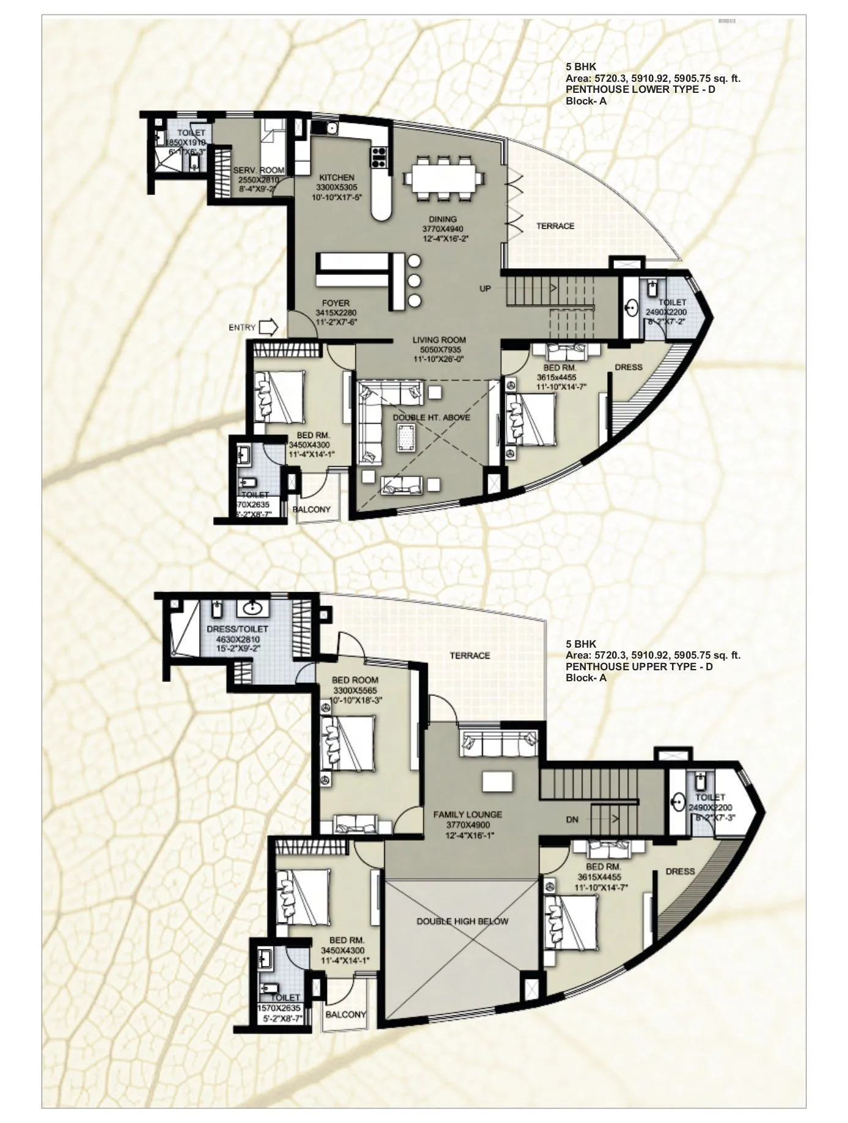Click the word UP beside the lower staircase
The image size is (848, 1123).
pyautogui.click(x=484, y=288)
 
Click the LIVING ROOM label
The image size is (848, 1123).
pyautogui.click(x=439, y=340)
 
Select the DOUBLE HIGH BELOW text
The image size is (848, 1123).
pyautogui.click(x=462, y=921)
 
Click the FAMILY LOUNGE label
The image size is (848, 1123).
pyautogui.click(x=467, y=814)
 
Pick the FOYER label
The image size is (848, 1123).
pyautogui.click(x=335, y=303)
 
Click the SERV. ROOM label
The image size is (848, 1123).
pyautogui.click(x=255, y=170)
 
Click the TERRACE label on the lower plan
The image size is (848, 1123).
pyautogui.click(x=555, y=226)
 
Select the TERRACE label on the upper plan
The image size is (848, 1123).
pyautogui.click(x=470, y=656)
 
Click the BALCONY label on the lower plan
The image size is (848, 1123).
pyautogui.click(x=312, y=509)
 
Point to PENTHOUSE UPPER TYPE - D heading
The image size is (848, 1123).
pyautogui.click(x=638, y=667)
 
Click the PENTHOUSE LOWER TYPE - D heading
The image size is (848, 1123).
pyautogui.click(x=640, y=90)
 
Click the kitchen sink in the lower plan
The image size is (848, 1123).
pyautogui.click(x=331, y=128)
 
